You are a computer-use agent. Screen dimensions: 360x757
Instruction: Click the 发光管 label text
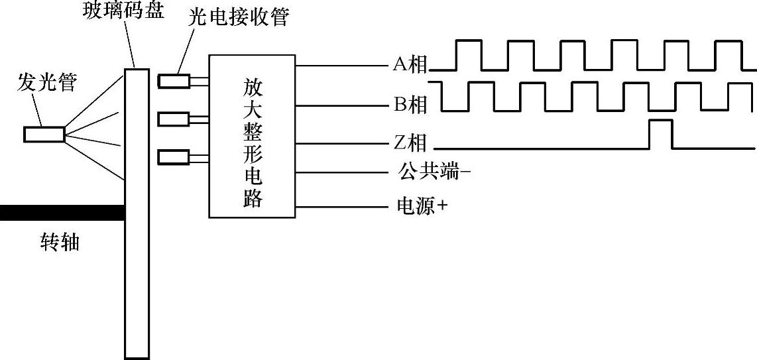(47, 84)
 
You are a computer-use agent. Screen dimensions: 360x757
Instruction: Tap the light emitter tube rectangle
(44, 134)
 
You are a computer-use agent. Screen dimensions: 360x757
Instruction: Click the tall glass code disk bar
(137, 212)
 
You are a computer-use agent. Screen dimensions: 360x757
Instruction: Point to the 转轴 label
(60, 243)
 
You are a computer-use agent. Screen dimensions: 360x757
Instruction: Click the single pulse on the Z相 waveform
(660, 133)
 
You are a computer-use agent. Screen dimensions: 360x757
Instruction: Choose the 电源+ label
(421, 207)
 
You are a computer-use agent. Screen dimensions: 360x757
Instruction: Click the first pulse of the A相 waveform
(468, 54)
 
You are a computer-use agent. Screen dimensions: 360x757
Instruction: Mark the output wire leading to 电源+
(341, 207)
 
